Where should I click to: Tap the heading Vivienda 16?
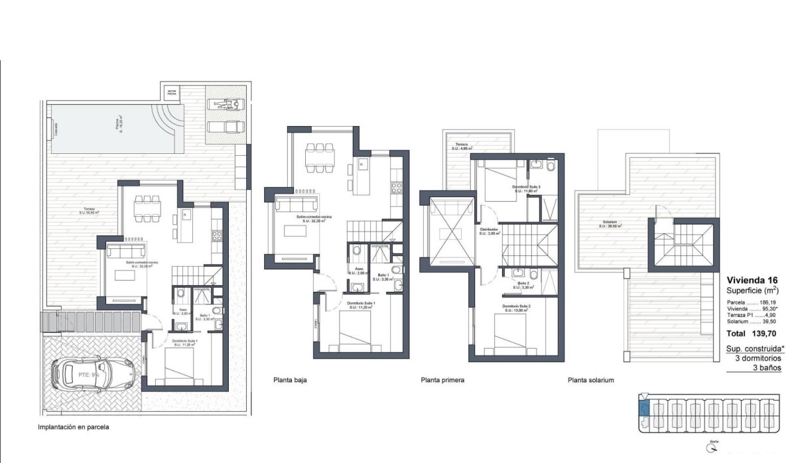coord(752,279)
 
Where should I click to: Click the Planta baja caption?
coord(290,381)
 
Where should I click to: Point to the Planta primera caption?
coord(442,381)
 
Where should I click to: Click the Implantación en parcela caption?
coord(74,428)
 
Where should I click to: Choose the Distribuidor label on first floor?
coord(489,231)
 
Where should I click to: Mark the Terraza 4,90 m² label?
coord(462,147)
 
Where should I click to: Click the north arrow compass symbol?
coord(712,448)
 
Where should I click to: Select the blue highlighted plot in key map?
coord(642,405)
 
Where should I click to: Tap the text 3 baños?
coord(766,367)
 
